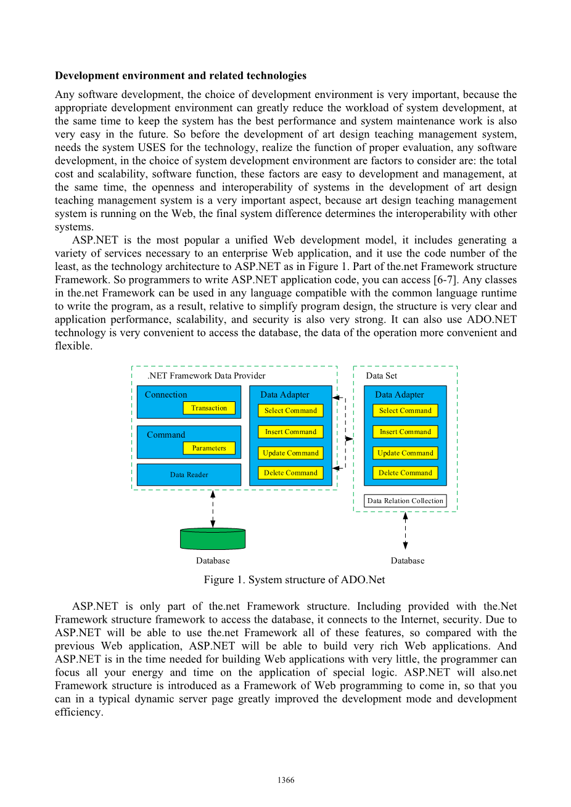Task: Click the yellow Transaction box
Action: (209, 408)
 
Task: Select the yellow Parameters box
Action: (209, 448)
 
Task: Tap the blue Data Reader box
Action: (189, 475)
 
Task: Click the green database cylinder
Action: (213, 539)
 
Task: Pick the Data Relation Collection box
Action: (405, 501)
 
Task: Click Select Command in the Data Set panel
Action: (405, 411)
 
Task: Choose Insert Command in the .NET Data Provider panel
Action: (290, 432)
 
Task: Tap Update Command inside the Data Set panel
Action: (405, 453)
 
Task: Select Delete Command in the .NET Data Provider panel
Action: (290, 473)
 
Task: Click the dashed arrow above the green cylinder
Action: (213, 509)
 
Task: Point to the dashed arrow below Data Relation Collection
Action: (405, 531)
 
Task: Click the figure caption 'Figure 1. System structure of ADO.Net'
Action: (294, 580)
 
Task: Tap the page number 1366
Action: (285, 780)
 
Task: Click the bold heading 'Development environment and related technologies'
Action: (181, 76)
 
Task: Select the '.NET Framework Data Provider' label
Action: (207, 375)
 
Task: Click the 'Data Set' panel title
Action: (381, 375)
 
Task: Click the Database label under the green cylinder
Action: (213, 560)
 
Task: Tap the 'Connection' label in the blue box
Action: (166, 395)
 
